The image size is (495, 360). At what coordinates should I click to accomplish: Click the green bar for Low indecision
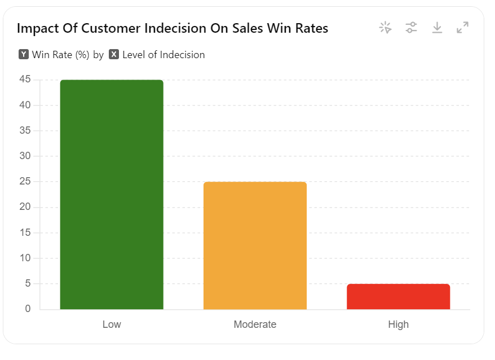point(112,195)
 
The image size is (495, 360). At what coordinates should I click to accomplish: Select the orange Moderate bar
point(255,245)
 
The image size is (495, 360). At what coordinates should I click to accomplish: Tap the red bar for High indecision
point(398,297)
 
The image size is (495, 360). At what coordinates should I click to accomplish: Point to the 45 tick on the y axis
point(25,80)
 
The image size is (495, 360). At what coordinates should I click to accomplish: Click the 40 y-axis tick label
point(25,105)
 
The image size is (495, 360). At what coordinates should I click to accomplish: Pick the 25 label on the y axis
point(25,182)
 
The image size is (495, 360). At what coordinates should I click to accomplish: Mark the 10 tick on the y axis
point(25,258)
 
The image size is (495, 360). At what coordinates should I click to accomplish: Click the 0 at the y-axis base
point(28,309)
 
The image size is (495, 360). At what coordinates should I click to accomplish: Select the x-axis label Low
point(112,324)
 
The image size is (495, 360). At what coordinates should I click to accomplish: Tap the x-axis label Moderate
point(255,324)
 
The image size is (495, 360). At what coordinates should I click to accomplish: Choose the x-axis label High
point(398,324)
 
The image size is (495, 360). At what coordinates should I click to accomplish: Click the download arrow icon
point(437,27)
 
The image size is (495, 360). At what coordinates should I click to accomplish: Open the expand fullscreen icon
point(462,27)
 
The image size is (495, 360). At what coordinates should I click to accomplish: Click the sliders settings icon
point(412,27)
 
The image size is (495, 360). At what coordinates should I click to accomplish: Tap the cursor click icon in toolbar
point(386,27)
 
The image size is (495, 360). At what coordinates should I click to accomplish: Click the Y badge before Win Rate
point(24,55)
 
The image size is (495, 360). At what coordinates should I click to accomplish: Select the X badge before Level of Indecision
point(114,55)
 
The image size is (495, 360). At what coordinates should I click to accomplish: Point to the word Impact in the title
point(35,28)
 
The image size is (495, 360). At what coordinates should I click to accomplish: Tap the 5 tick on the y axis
point(28,284)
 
